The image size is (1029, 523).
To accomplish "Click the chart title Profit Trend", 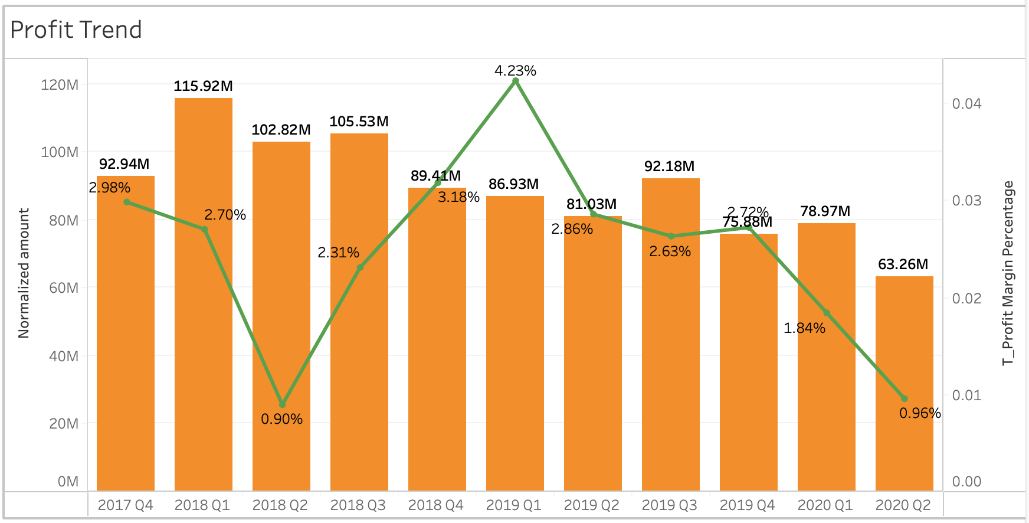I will click(76, 30).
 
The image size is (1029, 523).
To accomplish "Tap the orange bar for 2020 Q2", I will click(904, 384).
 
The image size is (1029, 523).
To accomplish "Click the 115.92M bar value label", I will click(203, 86).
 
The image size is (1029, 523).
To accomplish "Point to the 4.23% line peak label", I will click(515, 71).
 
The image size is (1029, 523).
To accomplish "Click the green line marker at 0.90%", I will click(282, 404).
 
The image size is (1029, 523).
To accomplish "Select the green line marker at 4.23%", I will click(516, 81).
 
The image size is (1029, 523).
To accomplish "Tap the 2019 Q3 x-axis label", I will click(669, 505).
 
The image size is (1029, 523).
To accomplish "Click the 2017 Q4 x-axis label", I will click(125, 505).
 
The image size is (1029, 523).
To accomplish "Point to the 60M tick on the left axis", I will click(64, 288).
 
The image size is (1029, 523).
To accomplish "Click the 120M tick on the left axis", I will click(60, 85).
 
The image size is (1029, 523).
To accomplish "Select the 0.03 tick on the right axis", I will click(966, 201).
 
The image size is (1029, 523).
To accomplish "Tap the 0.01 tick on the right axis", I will click(966, 395).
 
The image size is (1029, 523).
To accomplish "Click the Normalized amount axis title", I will click(24, 273).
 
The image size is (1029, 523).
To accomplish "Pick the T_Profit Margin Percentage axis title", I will click(1008, 273).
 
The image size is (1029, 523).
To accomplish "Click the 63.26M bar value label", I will click(903, 264).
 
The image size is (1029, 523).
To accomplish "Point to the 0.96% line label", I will click(920, 413).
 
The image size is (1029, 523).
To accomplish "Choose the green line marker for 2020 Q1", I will click(827, 313).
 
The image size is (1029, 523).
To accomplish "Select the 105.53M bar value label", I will click(359, 122).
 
